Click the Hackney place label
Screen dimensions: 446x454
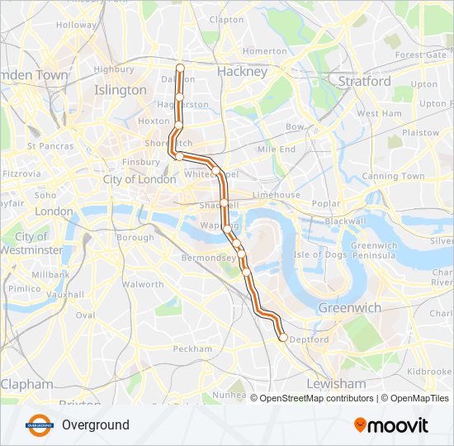point(242,72)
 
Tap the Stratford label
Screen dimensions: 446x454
point(364,82)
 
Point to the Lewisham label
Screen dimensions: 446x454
point(335,384)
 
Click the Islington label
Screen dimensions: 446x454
point(121,89)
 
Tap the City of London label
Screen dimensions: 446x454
point(139,179)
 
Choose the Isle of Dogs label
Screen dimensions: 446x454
point(320,254)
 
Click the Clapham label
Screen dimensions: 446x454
point(27,384)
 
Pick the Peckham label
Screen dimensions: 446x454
point(193,349)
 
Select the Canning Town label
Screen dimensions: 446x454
point(393,176)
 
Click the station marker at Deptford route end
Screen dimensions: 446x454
point(283,337)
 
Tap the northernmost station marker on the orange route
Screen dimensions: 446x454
point(180,67)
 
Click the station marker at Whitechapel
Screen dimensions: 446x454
point(215,171)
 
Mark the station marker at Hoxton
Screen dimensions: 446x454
point(178,125)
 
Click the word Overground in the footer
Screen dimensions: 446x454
point(95,425)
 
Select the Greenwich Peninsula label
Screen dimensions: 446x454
point(375,250)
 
